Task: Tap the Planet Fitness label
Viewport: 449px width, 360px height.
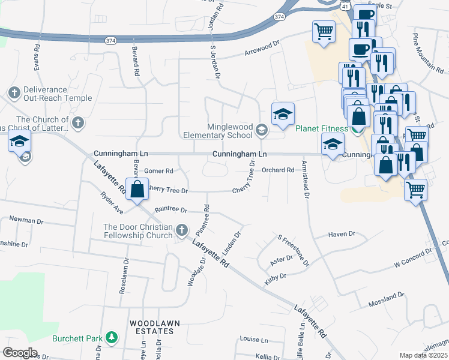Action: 321,128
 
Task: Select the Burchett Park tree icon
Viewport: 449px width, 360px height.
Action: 111,338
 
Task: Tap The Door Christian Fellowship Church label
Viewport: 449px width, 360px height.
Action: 138,231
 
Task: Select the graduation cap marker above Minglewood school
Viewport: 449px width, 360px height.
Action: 283,115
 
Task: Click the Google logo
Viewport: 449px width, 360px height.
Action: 20,352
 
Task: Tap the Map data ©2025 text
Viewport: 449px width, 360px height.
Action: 423,355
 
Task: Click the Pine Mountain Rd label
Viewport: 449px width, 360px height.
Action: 428,52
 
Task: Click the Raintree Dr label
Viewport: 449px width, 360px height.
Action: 171,210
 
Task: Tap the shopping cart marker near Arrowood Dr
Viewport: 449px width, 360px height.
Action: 324,32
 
